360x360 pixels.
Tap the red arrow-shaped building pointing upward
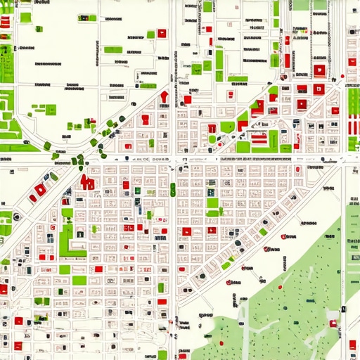[164, 97]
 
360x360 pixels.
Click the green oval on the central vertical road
[172, 188]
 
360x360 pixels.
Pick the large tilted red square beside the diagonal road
[41, 189]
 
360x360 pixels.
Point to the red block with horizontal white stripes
[259, 139]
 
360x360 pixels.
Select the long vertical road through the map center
[172, 267]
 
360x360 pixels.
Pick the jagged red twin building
[89, 182]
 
